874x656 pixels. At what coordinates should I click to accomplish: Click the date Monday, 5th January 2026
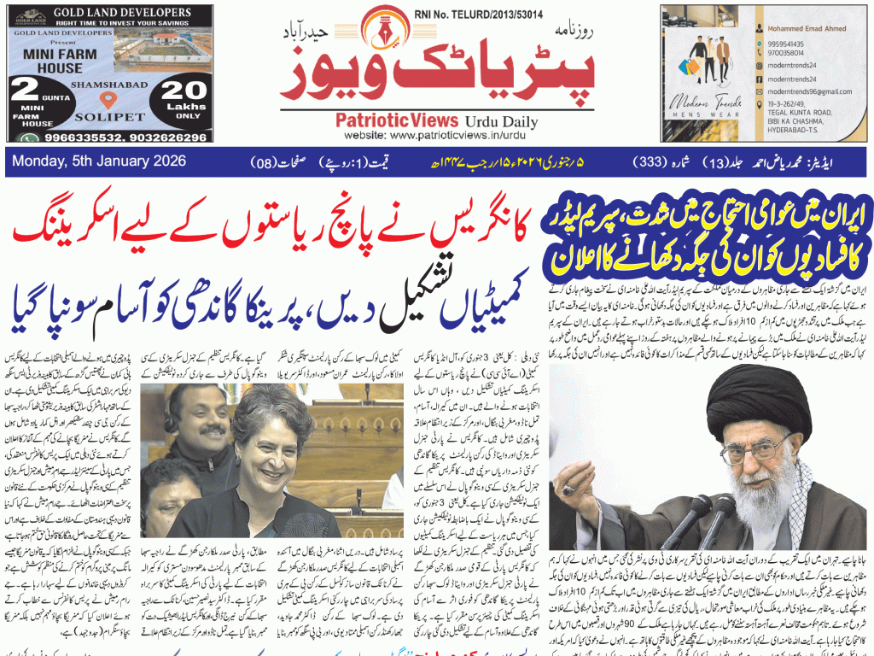point(89,162)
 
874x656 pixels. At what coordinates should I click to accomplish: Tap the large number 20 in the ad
point(184,91)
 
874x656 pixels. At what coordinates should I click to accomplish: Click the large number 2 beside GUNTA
point(26,90)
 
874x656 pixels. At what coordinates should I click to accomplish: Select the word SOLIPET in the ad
point(108,114)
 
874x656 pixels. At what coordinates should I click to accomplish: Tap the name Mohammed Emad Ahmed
point(807,28)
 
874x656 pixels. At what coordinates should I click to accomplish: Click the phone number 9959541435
point(785,43)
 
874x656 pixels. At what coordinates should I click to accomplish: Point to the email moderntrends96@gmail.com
point(808,91)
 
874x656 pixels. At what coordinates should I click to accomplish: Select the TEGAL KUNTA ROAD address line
point(800,112)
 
